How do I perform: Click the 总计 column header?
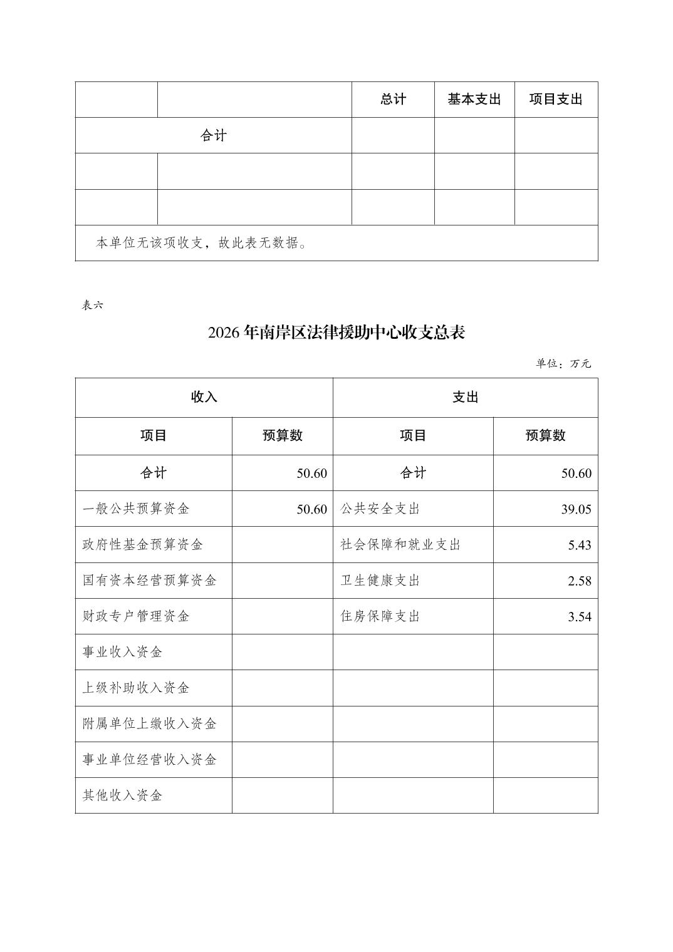(393, 100)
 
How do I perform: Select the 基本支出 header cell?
(474, 100)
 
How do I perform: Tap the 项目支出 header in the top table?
(556, 100)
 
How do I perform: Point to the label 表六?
(92, 305)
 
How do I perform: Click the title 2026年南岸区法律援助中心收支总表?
(336, 333)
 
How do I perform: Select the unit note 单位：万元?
(563, 364)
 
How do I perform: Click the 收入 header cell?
(204, 397)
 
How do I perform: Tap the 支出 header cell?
(465, 397)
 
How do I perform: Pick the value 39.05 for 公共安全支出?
(576, 509)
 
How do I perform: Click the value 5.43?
(580, 545)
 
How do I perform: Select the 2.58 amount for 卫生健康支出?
(580, 581)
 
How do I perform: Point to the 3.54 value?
(580, 616)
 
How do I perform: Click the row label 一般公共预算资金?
(136, 509)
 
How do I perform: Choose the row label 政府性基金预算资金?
(143, 544)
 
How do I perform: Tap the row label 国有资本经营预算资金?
(150, 580)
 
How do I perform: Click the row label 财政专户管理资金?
(136, 616)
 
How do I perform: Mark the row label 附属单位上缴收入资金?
(150, 723)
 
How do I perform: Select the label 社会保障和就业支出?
(400, 544)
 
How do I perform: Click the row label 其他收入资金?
(123, 795)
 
